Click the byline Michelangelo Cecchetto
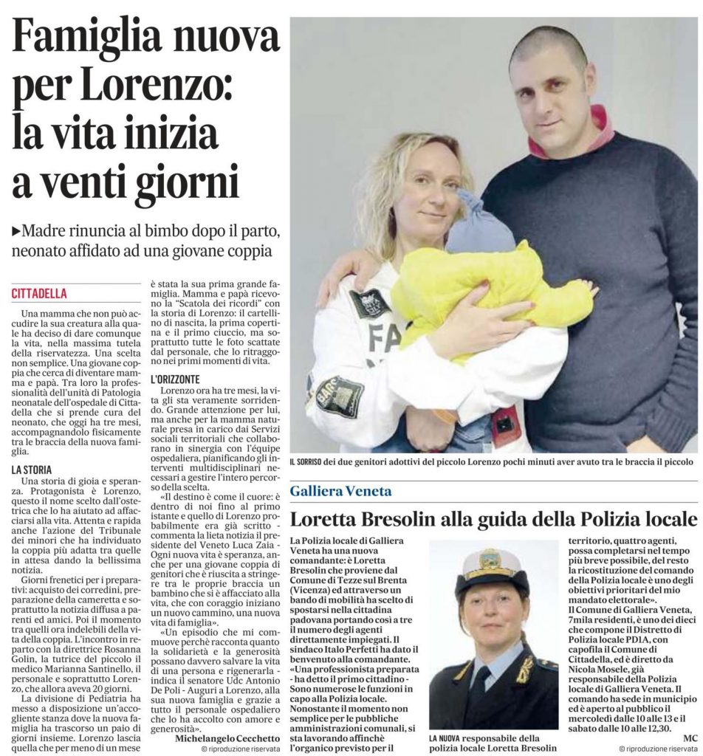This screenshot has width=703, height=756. [227, 738]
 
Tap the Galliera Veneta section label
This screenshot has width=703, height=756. [340, 491]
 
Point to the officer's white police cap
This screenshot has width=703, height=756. [491, 569]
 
